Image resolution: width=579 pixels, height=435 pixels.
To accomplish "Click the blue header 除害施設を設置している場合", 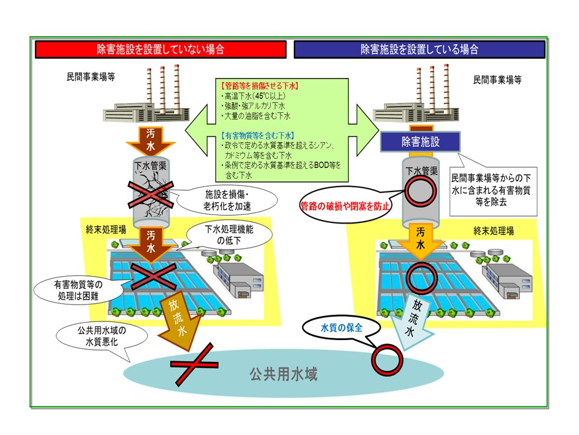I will (420, 49).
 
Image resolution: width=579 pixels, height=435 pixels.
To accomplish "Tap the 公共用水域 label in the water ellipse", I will (283, 374).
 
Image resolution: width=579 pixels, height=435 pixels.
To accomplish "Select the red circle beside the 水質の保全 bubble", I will (386, 358).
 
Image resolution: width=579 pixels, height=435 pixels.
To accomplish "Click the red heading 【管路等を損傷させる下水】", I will (253, 86).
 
